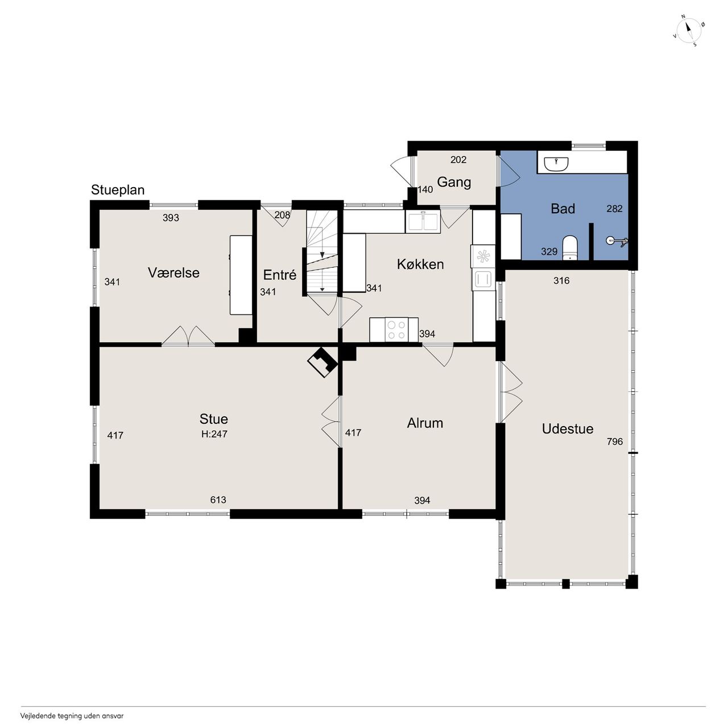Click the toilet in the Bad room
(x=569, y=248)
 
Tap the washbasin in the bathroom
(x=556, y=164)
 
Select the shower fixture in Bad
(x=617, y=241)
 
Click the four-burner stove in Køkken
(x=396, y=329)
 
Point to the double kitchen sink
(x=423, y=221)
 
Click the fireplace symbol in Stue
(x=322, y=362)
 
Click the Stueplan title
(x=118, y=190)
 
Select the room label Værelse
(x=173, y=272)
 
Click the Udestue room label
(x=568, y=429)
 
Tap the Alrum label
(x=425, y=423)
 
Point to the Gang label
(x=454, y=183)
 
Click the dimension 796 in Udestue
(x=615, y=441)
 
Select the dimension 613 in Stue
(x=218, y=500)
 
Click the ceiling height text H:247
(x=214, y=434)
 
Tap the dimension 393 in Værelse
(x=171, y=218)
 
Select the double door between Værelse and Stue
(x=188, y=336)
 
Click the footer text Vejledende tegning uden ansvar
(x=72, y=715)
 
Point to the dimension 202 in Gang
(x=458, y=160)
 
